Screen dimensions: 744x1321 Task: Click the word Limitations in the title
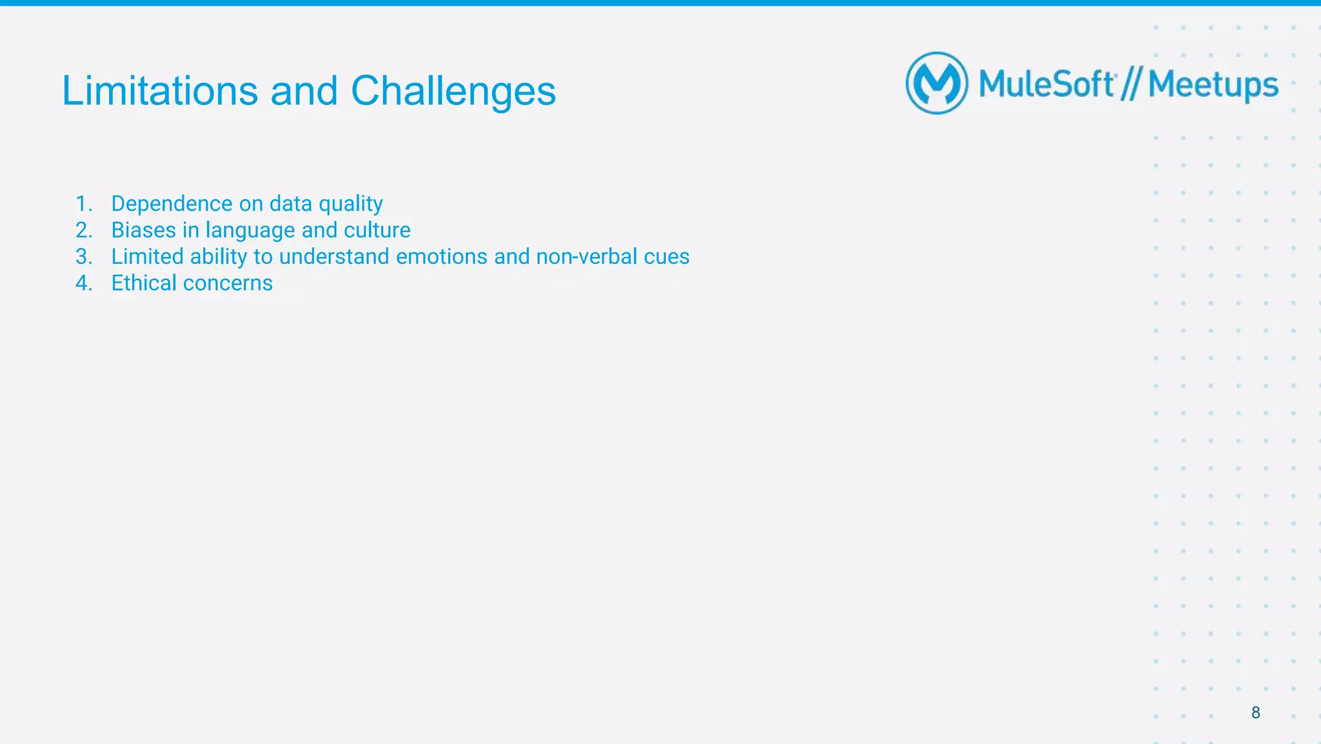pos(159,90)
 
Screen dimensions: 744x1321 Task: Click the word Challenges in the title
pos(453,90)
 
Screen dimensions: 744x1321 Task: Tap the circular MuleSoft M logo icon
pos(937,83)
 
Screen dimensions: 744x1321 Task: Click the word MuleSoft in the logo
pos(1046,84)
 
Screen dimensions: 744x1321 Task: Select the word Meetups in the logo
pos(1213,85)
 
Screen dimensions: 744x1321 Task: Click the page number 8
pos(1255,712)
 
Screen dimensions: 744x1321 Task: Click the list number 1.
pos(83,204)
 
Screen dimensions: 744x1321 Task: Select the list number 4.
pos(83,283)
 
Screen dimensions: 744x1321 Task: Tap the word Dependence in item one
pos(172,204)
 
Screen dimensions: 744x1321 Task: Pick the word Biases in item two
pos(143,230)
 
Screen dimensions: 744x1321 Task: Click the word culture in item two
pos(377,230)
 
